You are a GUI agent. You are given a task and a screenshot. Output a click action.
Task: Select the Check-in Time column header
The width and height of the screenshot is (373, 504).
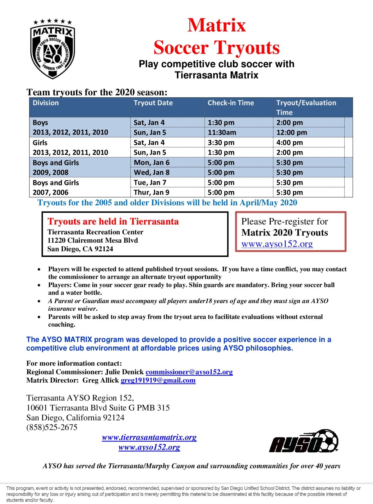[231, 103]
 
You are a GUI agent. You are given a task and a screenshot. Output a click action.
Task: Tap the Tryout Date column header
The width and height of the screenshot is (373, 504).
[153, 103]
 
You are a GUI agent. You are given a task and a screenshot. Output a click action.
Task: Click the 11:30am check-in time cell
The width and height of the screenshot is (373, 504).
[222, 133]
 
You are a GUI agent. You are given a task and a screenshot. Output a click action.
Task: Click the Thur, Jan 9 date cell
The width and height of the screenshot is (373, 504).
[151, 193]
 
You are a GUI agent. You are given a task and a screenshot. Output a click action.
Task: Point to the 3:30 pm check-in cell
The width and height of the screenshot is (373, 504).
[221, 143]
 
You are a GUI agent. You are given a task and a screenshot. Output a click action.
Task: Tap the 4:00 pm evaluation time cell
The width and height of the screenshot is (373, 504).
[290, 143]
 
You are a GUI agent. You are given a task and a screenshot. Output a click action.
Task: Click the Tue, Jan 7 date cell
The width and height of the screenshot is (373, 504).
[150, 183]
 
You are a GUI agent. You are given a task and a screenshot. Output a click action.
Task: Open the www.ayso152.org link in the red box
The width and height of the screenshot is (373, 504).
[277, 244]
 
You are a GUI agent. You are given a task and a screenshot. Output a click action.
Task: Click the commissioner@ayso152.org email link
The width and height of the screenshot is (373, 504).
[189, 372]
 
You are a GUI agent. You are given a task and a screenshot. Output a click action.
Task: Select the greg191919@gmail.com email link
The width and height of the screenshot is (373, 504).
[158, 380]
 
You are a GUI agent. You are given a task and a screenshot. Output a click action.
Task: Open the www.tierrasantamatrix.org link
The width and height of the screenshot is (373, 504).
[149, 437]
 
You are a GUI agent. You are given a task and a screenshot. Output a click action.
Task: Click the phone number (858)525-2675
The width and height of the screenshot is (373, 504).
[52, 427]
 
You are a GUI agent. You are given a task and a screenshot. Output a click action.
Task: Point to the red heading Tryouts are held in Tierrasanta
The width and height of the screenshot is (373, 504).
[113, 222]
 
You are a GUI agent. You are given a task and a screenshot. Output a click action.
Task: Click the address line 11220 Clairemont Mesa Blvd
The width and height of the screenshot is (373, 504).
[92, 240]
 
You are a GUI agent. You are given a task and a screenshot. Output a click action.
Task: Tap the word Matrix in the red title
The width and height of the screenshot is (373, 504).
[216, 26]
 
